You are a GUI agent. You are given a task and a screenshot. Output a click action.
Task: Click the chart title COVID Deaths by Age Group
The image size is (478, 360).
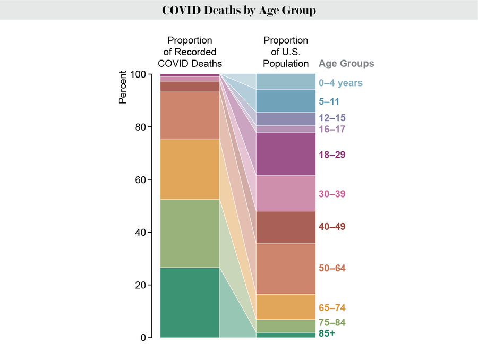pos(238,11)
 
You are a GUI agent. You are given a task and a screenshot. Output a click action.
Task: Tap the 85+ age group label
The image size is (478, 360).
pos(327,334)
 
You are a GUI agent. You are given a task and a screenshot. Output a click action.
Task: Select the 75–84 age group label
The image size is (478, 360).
pos(332,322)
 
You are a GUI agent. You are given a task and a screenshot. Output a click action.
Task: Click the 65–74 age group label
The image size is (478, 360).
pos(332,307)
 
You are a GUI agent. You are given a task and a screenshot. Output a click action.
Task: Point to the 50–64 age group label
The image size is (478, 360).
pos(332,268)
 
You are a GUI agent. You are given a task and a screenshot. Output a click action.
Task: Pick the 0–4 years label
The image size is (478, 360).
pos(340,83)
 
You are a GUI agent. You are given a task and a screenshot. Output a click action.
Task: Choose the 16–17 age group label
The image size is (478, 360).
pos(332,129)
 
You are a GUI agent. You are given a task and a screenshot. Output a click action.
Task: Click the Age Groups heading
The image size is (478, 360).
pos(346,64)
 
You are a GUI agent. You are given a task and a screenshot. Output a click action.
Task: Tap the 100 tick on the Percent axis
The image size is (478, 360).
pos(138,74)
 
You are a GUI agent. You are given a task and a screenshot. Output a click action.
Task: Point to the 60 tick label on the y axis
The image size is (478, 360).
pos(140,179)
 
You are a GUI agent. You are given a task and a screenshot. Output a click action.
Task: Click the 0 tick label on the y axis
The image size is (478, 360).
pos(143,337)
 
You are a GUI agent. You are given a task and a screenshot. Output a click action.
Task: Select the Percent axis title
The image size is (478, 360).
pos(123,87)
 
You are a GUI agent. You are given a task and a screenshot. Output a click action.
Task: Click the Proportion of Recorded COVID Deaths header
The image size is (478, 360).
pos(190,52)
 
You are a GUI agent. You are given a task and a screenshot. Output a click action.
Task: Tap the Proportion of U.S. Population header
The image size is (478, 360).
pos(286,52)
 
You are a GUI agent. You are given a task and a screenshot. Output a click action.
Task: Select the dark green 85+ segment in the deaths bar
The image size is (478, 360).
pos(190,302)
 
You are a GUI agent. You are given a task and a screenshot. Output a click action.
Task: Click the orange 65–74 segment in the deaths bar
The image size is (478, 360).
pos(190,169)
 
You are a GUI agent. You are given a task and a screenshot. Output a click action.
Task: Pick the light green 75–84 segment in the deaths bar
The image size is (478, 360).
pos(190,233)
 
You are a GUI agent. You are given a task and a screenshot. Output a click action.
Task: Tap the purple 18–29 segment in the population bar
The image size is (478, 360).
pos(286,154)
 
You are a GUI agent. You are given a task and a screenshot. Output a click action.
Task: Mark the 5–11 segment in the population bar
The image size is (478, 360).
pos(286,101)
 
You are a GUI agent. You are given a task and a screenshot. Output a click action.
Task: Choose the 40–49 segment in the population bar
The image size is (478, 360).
pos(286,227)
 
